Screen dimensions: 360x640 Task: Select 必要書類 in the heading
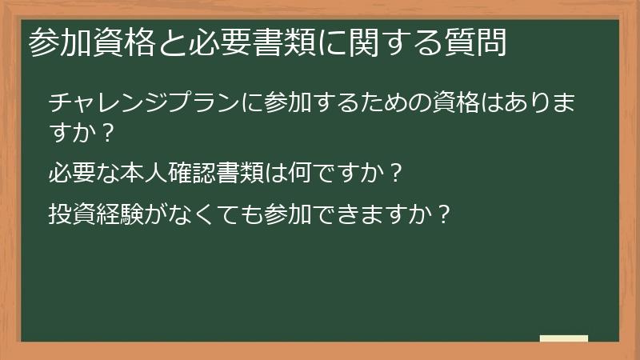(242, 42)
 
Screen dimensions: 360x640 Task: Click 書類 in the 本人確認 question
(242, 171)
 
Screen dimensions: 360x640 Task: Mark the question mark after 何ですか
(394, 172)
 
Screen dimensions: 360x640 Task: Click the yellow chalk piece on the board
(563, 338)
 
